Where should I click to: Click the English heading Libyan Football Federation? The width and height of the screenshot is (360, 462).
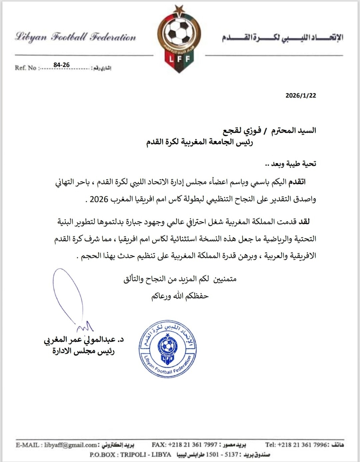[x=76, y=37]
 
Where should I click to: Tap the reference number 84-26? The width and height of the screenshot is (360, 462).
[x=61, y=65]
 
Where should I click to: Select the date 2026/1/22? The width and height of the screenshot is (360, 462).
[x=300, y=95]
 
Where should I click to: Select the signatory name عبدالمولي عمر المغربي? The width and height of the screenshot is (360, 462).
[x=80, y=340]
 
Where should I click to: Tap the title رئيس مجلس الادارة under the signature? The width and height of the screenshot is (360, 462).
[x=84, y=351]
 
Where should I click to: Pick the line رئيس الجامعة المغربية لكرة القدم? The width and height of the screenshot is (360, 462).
[x=200, y=142]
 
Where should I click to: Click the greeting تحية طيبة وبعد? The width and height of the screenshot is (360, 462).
[x=290, y=164]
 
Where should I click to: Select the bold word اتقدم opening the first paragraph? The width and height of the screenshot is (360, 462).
[x=297, y=182]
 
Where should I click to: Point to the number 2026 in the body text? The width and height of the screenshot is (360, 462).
[x=99, y=199]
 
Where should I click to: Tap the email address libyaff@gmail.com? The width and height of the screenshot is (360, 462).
[x=70, y=445]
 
